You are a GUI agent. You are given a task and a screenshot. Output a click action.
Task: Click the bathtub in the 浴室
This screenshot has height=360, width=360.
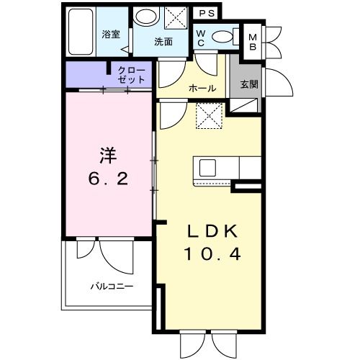[81, 32]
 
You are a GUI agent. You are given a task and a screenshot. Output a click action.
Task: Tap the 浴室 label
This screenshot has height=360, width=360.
[111, 35]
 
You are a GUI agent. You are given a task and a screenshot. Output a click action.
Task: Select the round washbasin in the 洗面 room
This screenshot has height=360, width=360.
[146, 17]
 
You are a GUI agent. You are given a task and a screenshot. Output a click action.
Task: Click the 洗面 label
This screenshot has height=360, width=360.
[163, 42]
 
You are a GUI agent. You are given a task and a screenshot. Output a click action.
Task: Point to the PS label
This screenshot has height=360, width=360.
[207, 14]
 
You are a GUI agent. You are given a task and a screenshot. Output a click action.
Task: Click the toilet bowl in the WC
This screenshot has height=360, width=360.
[222, 37]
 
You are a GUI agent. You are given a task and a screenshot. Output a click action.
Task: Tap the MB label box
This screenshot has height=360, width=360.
[253, 42]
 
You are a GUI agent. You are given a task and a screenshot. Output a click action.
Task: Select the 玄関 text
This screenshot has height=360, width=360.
[249, 84]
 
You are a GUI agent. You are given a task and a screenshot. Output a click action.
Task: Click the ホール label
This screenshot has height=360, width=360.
[202, 89]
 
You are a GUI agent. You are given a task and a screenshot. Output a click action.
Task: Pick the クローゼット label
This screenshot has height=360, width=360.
[132, 75]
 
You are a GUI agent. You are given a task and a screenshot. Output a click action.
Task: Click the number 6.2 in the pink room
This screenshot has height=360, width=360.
[108, 179]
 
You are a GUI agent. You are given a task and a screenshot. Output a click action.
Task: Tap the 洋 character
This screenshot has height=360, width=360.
[108, 156]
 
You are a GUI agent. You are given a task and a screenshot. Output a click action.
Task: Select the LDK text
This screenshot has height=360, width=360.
[212, 230]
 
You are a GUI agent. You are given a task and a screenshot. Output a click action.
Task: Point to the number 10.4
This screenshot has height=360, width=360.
[212, 254]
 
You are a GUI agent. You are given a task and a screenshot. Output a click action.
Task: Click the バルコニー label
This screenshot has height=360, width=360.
[112, 286]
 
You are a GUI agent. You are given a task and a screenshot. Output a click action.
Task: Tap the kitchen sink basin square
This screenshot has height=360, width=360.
[207, 168]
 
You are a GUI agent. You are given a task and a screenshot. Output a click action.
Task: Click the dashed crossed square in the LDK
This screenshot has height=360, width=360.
[210, 116]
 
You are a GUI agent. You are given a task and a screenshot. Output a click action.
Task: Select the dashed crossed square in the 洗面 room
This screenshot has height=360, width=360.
[176, 17]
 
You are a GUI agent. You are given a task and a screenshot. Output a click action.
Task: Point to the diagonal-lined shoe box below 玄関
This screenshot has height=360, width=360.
[244, 105]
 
